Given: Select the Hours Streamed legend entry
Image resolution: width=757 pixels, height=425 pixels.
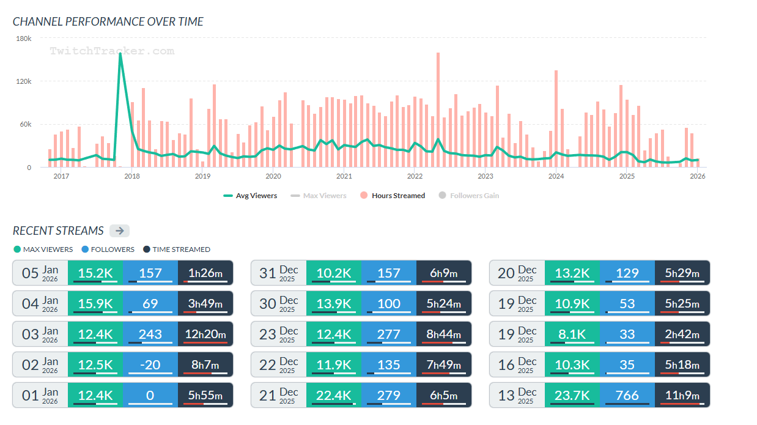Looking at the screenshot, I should point(393,196).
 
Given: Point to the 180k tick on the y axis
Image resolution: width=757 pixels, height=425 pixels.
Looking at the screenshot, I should point(24,39).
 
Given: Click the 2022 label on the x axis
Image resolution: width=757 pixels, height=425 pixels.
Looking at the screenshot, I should point(415,176).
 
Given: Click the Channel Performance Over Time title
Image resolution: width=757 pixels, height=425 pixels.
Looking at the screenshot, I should point(108,21).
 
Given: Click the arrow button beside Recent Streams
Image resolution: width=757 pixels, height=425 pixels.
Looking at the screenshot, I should point(119,231).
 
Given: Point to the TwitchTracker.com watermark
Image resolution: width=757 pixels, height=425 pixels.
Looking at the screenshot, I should point(112,51).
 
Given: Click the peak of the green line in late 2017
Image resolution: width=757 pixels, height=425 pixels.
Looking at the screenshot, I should point(120,53).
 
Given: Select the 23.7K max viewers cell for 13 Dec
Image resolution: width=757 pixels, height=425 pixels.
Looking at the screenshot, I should point(572,395).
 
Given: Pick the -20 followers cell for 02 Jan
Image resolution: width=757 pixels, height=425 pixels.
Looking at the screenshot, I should point(150,364).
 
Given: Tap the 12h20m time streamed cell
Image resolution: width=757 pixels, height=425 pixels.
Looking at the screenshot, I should point(205,334).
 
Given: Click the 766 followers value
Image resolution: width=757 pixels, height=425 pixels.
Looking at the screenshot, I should point(627,395).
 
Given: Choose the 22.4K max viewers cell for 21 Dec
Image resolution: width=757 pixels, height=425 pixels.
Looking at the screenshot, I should point(334,395).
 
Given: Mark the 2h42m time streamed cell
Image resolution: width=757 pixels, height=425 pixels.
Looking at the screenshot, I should point(682,334).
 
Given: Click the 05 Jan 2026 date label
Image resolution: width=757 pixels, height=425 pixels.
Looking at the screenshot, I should point(40,273).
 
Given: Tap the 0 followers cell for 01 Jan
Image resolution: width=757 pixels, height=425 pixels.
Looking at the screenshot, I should point(150,395).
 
